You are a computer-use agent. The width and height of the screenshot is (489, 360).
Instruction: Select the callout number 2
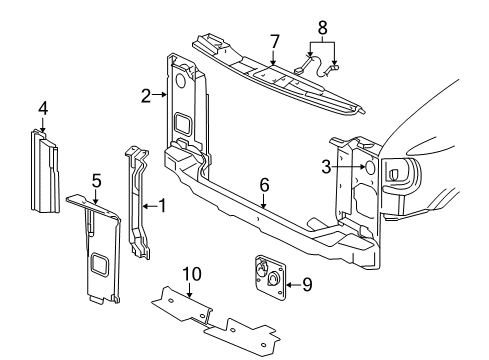(x=146, y=96)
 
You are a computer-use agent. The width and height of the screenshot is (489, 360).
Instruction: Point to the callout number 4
(x=43, y=109)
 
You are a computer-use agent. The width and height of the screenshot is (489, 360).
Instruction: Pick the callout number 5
(x=96, y=181)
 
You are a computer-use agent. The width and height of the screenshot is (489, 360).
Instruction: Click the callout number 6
(x=264, y=185)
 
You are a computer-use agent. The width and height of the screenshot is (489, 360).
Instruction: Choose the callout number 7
(x=273, y=41)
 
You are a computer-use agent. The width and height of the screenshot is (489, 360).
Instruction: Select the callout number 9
(x=307, y=284)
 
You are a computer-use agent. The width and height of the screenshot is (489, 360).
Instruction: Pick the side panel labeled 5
(x=100, y=250)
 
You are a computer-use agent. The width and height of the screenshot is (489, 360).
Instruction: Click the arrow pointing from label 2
(x=159, y=96)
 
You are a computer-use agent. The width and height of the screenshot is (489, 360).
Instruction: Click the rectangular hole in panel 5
(x=102, y=264)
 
